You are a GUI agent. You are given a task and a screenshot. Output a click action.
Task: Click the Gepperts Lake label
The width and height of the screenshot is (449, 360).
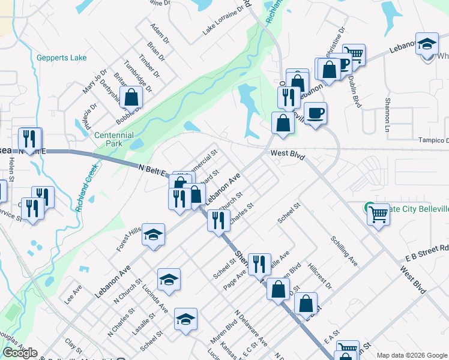click(x=61, y=58)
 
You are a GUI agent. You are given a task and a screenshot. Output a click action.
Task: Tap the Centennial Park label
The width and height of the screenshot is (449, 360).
click(x=113, y=139)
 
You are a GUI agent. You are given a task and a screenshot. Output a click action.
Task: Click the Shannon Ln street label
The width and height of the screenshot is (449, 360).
click(x=387, y=115)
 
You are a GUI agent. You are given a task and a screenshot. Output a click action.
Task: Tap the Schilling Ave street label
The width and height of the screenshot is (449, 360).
click(x=344, y=251)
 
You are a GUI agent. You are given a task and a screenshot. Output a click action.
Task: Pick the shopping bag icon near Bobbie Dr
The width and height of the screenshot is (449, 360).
click(x=130, y=97)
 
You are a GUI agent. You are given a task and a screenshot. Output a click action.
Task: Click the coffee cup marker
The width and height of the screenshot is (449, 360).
click(x=316, y=112)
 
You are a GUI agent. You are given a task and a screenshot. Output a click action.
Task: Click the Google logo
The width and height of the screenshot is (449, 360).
click(x=20, y=353)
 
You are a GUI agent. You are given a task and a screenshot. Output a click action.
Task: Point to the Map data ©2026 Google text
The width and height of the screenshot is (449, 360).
click(x=411, y=355)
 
